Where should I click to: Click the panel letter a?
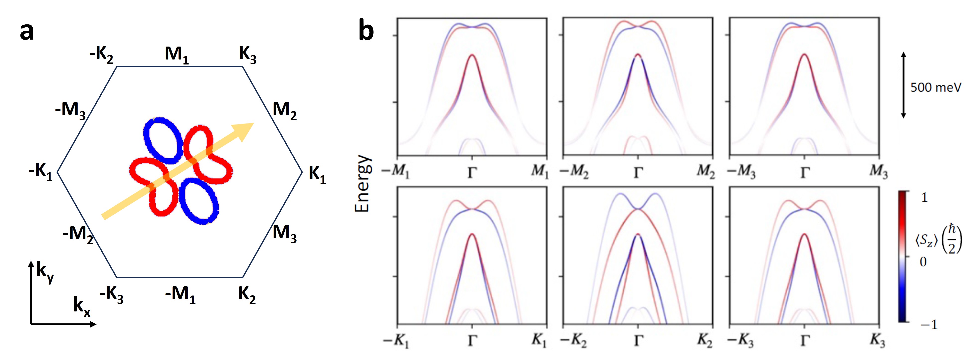click(x=27, y=32)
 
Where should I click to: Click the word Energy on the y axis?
click(x=362, y=184)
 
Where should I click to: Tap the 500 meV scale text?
click(x=935, y=87)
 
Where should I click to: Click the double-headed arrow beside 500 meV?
click(x=903, y=85)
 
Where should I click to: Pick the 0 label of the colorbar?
click(x=923, y=262)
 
